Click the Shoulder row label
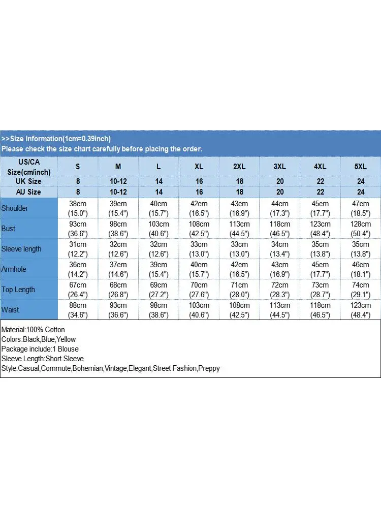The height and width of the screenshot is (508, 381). pos(15,208)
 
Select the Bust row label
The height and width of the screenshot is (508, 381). pos(9,229)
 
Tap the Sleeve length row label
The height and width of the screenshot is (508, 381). pos(21,249)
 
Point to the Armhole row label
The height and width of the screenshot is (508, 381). pos(14,269)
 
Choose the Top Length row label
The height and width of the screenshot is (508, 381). pos(18,290)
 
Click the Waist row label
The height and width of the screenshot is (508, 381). pos(10,310)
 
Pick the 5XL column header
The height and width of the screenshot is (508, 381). pos(361,167)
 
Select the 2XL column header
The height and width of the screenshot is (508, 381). pos(240,167)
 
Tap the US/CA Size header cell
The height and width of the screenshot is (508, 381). pos(28,167)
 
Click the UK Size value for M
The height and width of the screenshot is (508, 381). pos(118,181)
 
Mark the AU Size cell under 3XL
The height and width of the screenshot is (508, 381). pos(280,192)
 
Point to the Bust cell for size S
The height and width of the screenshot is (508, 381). pos(78,229)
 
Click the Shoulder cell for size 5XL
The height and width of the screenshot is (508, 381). pos(361,208)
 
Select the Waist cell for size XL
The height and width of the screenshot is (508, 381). pos(199,310)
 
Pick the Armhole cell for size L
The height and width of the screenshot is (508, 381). pos(159,269)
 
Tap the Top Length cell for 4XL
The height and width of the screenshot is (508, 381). pos(321,290)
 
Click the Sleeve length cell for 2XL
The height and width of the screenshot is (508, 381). pos(240,249)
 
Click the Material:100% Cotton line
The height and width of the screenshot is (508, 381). pos(33,330)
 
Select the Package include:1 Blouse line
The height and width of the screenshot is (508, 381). pos(40,349)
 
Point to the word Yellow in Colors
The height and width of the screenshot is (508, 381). pos(66,339)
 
